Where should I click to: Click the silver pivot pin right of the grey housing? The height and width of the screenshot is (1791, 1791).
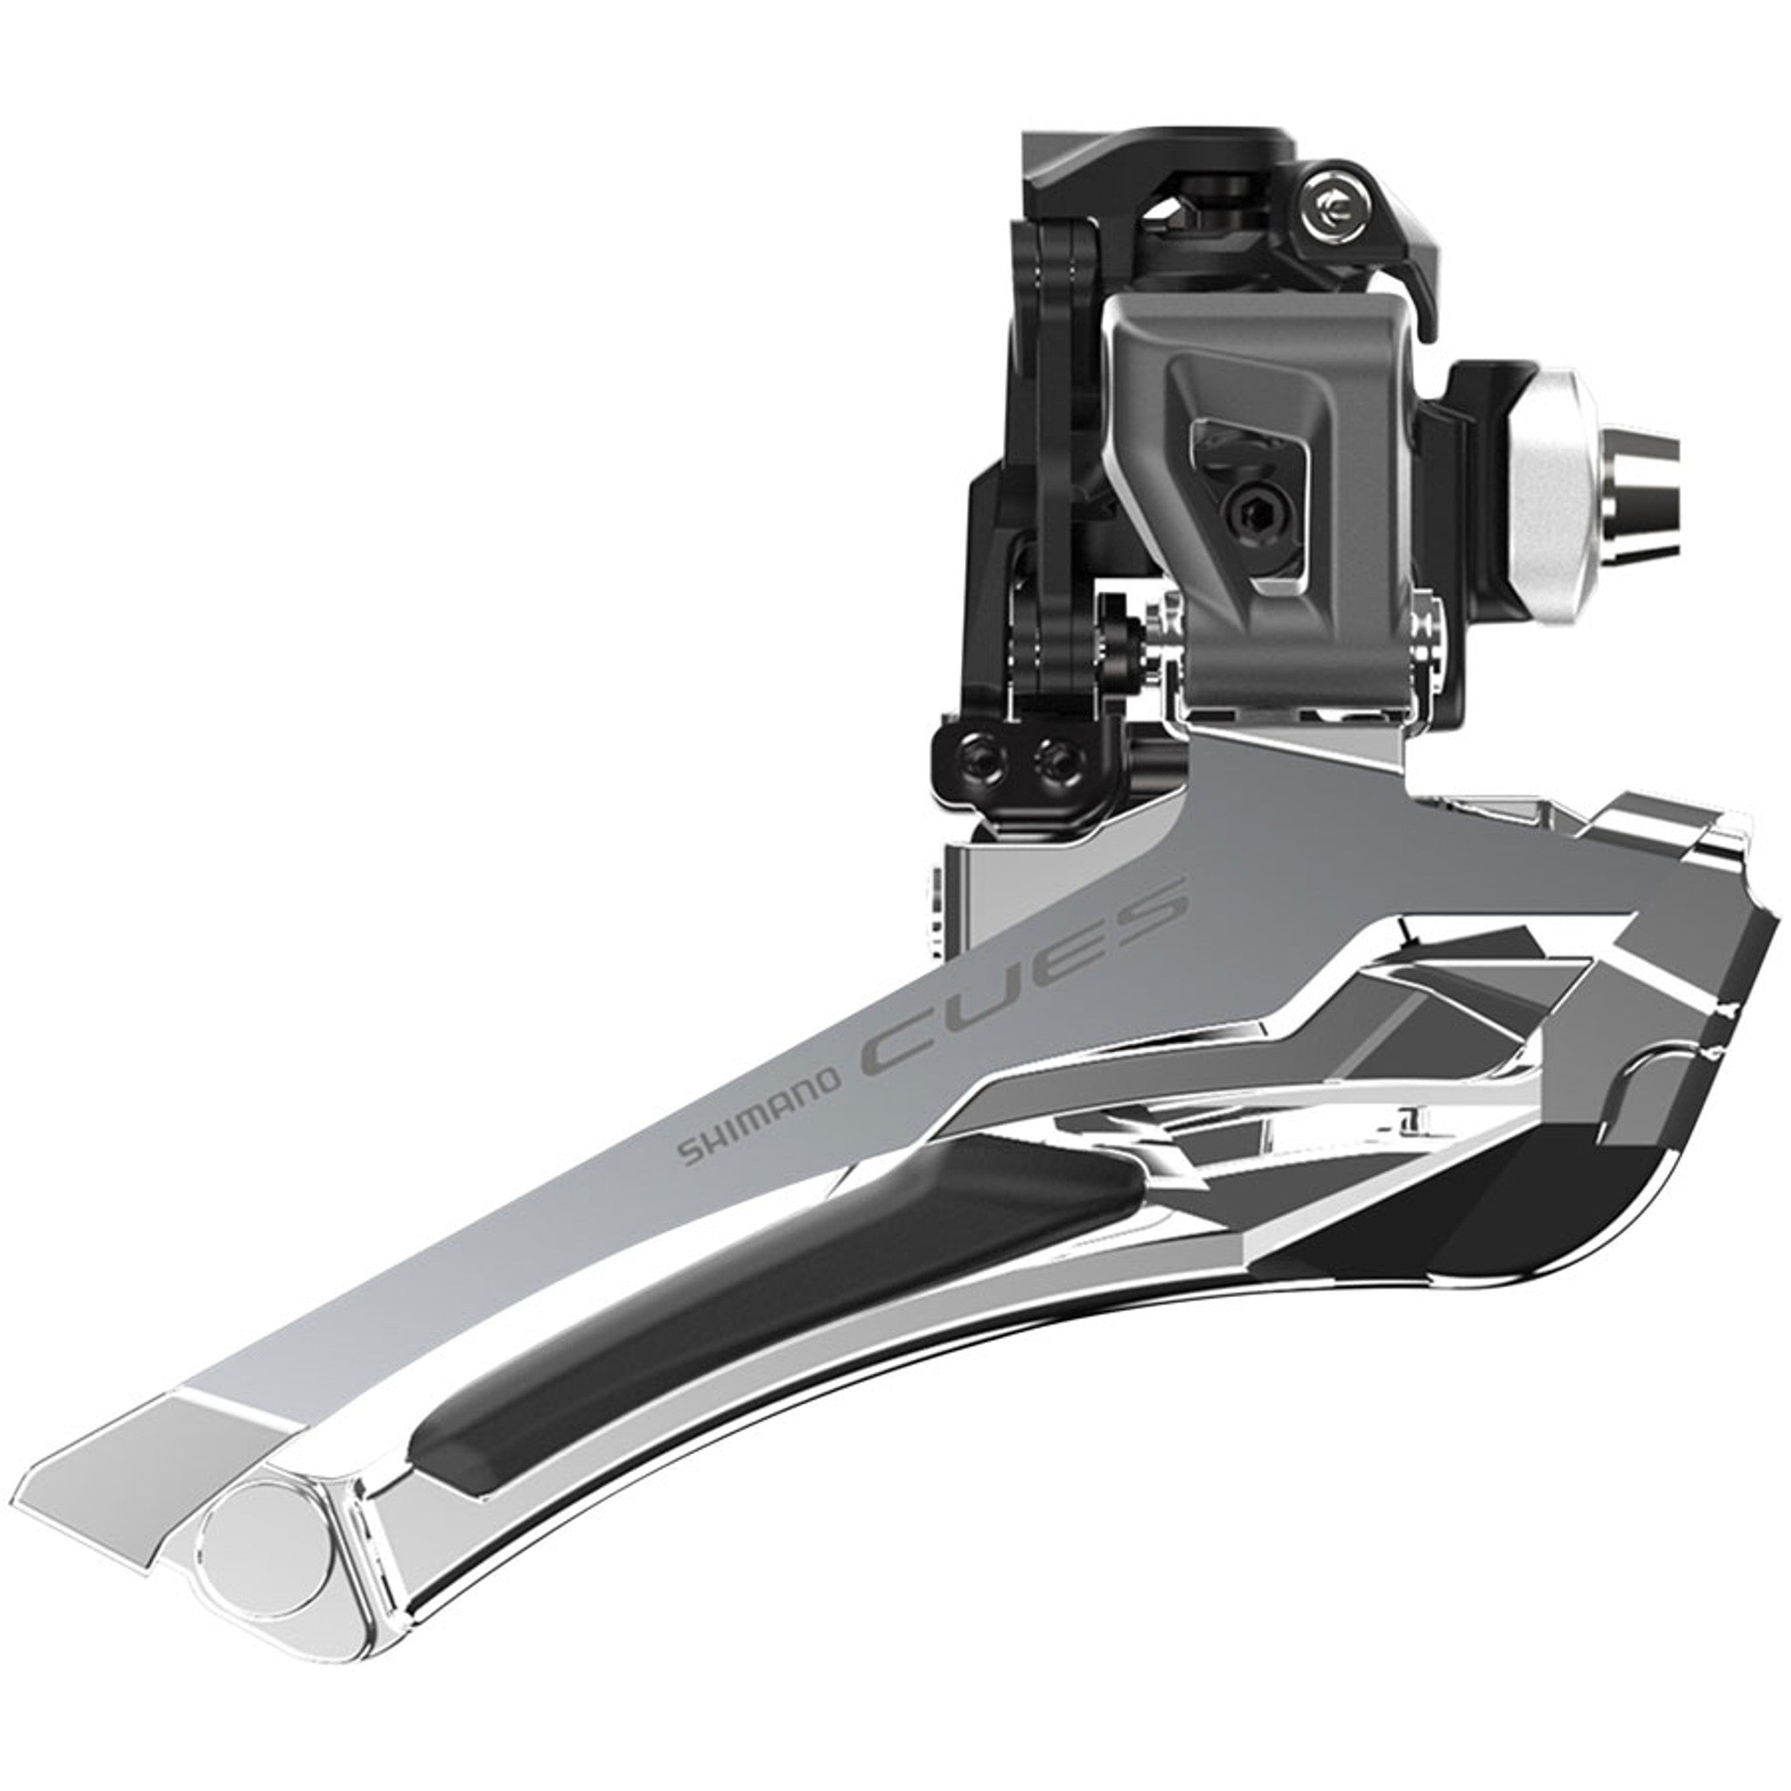pos(1432,639)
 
